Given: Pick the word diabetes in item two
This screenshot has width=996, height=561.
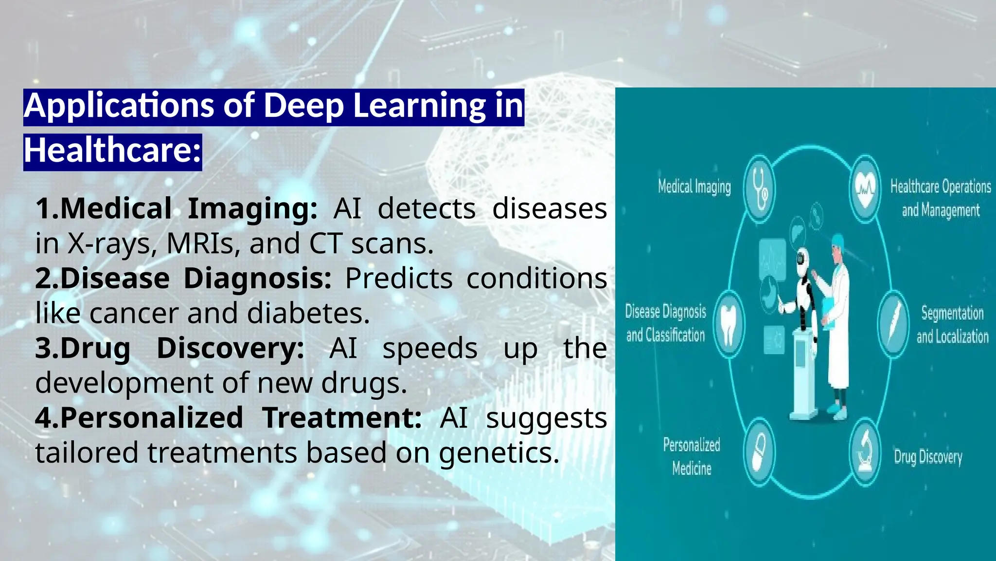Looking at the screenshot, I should (x=308, y=313).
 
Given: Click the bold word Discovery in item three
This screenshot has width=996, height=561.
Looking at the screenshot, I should (x=230, y=348).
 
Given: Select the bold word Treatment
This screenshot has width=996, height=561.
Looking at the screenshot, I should (x=342, y=418).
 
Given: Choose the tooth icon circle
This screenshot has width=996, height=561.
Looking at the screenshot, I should (x=728, y=324).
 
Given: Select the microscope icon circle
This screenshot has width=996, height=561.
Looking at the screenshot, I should (x=865, y=453).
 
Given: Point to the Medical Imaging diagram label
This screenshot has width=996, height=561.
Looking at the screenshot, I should (x=694, y=187).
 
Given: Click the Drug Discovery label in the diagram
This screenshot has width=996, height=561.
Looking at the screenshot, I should (x=928, y=457).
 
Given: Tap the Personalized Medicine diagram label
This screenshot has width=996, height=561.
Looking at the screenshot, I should (x=692, y=456).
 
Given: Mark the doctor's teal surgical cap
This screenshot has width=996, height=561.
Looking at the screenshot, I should (x=837, y=240).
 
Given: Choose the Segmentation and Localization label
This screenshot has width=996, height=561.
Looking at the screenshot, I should (x=952, y=324).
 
